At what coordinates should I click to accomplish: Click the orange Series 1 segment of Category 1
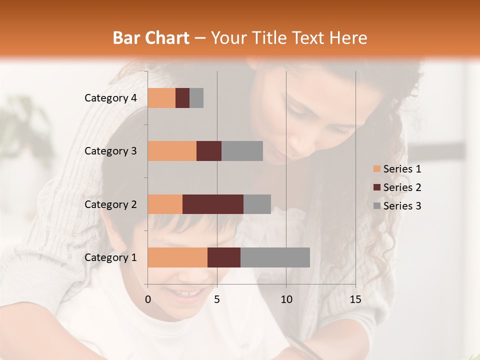[x=177, y=257]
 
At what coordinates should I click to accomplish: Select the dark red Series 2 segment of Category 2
[x=213, y=204]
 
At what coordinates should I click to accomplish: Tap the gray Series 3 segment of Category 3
[x=242, y=151]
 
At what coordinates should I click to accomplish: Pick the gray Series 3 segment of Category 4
[x=196, y=98]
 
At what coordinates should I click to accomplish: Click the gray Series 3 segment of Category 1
[x=275, y=257]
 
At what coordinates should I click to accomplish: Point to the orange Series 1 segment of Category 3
[x=172, y=151]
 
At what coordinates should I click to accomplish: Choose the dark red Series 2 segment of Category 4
[x=182, y=98]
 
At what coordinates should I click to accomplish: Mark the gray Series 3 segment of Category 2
[x=257, y=204]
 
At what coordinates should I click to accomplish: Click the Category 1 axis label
[x=110, y=257]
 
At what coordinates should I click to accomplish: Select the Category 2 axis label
[x=110, y=204]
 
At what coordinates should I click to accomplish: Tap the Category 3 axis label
[x=110, y=151]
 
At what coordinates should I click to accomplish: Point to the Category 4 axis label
[x=110, y=98]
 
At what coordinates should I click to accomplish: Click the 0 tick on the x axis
[x=148, y=299]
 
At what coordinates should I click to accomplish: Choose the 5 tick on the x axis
[x=217, y=299]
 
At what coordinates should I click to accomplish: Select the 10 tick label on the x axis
[x=286, y=299]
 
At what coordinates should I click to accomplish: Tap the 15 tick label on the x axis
[x=355, y=299]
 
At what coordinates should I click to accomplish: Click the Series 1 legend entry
[x=397, y=169]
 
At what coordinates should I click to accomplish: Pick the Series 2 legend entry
[x=397, y=187]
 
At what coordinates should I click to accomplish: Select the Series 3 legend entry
[x=397, y=206]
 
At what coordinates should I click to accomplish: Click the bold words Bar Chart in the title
[x=151, y=38]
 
